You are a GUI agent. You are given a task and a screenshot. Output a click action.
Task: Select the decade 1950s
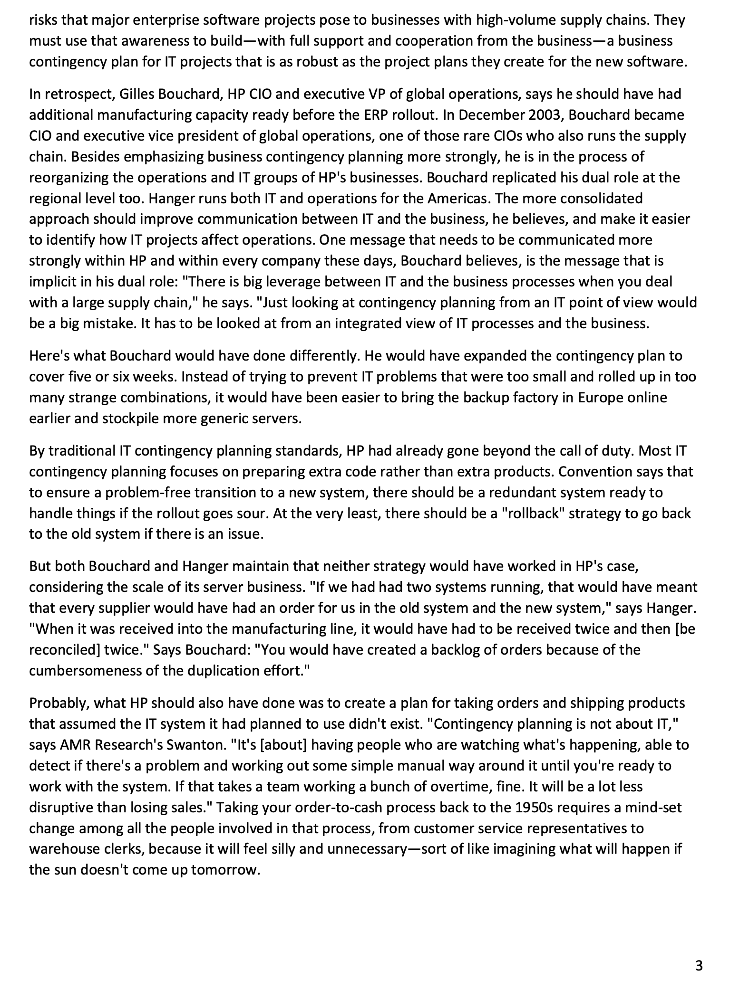click(537, 808)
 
